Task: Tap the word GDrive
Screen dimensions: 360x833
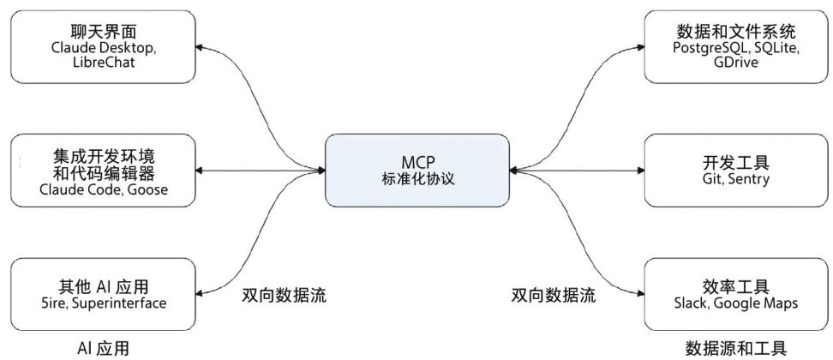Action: coord(734,65)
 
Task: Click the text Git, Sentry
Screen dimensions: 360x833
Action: coord(734,179)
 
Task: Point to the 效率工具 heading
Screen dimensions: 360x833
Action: coord(734,285)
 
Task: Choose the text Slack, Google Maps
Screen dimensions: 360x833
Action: coord(734,303)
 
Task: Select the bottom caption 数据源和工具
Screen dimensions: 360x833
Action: coord(734,348)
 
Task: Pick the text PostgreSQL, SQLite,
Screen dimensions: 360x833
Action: coord(734,49)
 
